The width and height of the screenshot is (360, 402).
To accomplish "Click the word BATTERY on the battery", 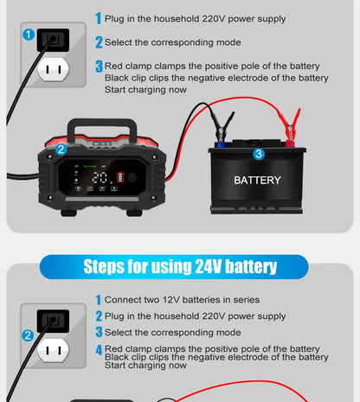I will [x=257, y=181].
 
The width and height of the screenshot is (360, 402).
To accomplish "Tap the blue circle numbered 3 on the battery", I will [x=258, y=154].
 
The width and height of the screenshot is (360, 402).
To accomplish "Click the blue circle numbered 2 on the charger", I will [x=61, y=150].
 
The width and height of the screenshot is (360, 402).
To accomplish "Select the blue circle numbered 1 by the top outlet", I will [x=29, y=35].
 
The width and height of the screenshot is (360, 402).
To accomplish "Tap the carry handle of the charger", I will [x=103, y=126].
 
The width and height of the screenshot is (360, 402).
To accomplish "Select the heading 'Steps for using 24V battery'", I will [x=180, y=265].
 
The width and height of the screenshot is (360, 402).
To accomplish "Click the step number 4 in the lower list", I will [x=99, y=349].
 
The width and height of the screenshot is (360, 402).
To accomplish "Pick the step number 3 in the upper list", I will [x=99, y=67].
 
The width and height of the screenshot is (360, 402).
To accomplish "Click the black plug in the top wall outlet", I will [x=55, y=39].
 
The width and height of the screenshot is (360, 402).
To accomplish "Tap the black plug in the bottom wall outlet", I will [x=55, y=321].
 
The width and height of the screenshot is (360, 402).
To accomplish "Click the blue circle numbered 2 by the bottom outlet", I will [x=29, y=335].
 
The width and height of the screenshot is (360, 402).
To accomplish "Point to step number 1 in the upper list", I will [x=99, y=18].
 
